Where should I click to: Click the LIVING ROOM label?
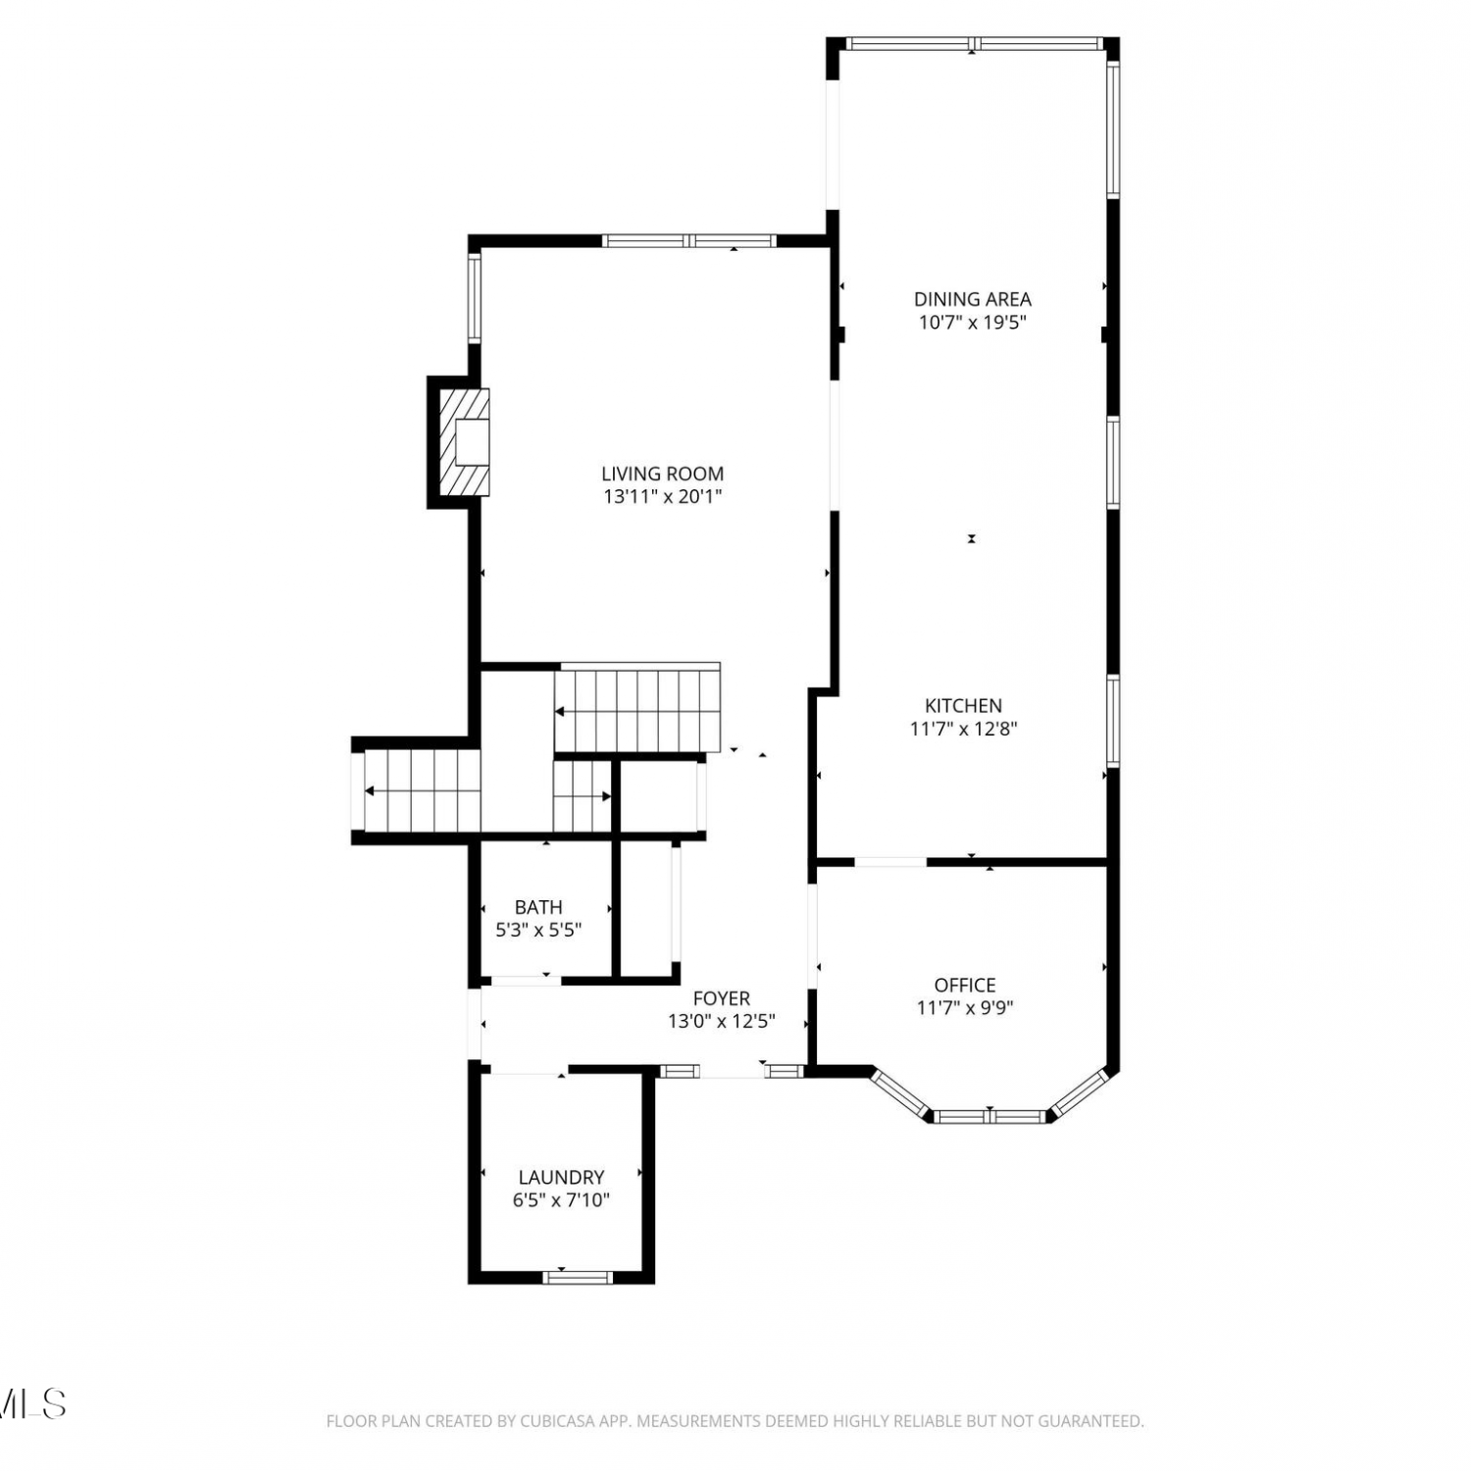coord(663,474)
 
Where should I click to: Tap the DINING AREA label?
coord(973,299)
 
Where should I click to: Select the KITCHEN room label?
coord(964,705)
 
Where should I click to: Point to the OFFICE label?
coord(965,985)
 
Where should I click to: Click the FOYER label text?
coord(722,998)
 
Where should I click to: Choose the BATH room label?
coord(538,907)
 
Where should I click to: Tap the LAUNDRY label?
coord(561,1177)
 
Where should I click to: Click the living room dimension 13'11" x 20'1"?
coord(663,497)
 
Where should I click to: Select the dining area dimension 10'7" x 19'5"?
coord(973,323)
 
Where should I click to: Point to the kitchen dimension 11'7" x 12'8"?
coord(964,729)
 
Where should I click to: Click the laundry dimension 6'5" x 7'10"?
coord(561,1200)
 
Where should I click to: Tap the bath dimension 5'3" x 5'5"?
coord(538,930)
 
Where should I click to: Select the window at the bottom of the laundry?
coord(579,1277)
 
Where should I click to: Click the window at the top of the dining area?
coord(974,43)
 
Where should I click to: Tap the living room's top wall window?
coord(689,240)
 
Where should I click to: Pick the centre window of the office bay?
coord(990,1116)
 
